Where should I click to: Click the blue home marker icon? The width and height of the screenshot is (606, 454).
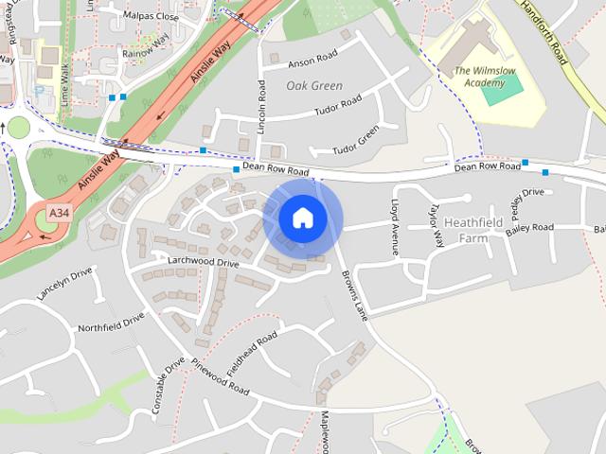coord(302,218)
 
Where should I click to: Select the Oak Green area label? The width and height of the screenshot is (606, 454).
coord(313,85)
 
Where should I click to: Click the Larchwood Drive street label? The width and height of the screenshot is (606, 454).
coord(203,262)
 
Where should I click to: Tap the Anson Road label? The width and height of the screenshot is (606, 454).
coord(313,62)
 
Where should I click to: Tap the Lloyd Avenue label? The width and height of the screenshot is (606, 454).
coord(395,227)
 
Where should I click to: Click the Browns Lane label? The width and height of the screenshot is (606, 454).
coord(353,295)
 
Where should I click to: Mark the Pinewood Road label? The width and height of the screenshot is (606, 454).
coord(219,376)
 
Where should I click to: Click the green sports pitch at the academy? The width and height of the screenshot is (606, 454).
coord(501,92)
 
